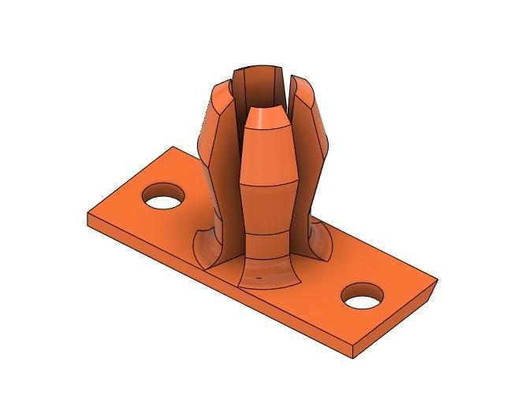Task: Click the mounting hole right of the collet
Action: point(363,295)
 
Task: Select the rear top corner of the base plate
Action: point(173,147)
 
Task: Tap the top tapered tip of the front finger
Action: point(267,117)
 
